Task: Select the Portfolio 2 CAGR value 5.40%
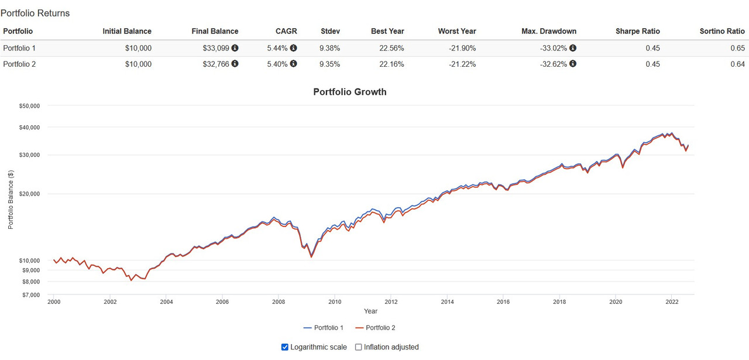tap(277, 64)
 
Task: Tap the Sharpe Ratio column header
tap(638, 31)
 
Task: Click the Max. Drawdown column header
tap(549, 31)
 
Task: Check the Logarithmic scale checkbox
tap(285, 347)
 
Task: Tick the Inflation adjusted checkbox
tap(359, 347)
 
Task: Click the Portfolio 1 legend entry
tap(324, 328)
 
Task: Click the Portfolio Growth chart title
tap(350, 92)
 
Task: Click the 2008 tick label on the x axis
tap(279, 302)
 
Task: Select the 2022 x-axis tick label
tap(672, 302)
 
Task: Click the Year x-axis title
tap(370, 311)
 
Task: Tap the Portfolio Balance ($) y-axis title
tap(11, 200)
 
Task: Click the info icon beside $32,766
tap(235, 64)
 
